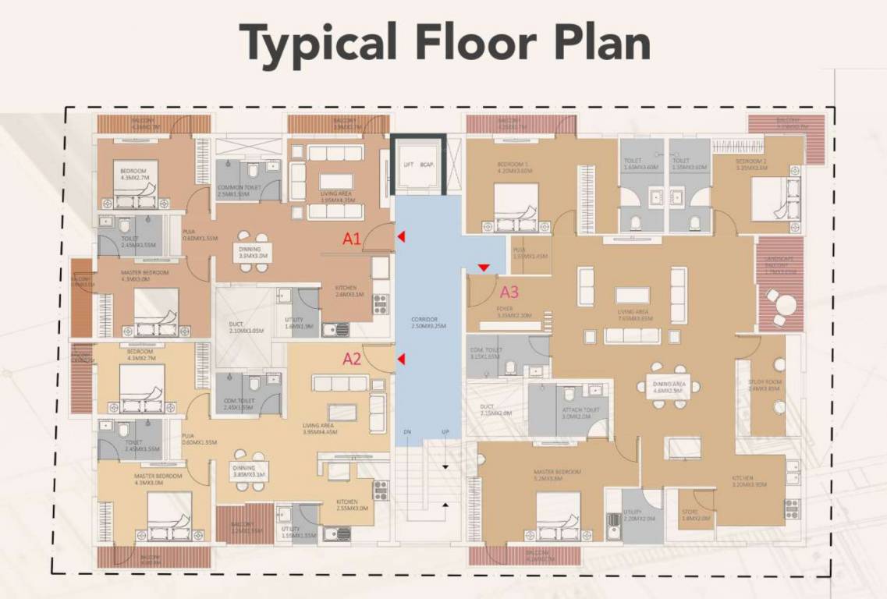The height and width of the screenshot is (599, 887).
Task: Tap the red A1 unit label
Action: tap(352, 239)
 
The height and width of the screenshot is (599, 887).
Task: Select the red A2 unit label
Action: tap(352, 359)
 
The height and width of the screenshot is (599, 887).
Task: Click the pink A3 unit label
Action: tap(509, 292)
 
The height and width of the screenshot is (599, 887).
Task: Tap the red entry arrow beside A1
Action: tap(401, 236)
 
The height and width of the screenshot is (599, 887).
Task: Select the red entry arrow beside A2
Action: tap(401, 359)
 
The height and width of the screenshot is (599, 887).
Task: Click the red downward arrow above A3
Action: tap(484, 268)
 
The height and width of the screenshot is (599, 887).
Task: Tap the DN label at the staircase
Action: tap(407, 431)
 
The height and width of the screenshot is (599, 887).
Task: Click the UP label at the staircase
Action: tap(445, 431)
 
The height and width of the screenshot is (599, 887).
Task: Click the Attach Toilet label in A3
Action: tap(580, 413)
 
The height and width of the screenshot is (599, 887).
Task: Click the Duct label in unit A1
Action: tap(237, 327)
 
